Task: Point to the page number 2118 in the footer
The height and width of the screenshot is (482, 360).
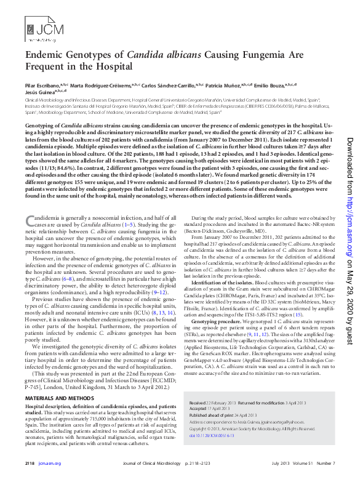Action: (30, 462)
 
